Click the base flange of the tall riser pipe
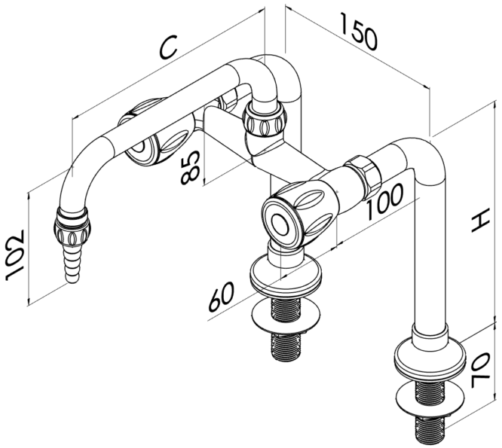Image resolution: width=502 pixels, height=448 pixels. [428, 360]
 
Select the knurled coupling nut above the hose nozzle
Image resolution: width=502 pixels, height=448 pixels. [72, 227]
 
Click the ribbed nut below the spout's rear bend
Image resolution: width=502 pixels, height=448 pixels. [265, 120]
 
